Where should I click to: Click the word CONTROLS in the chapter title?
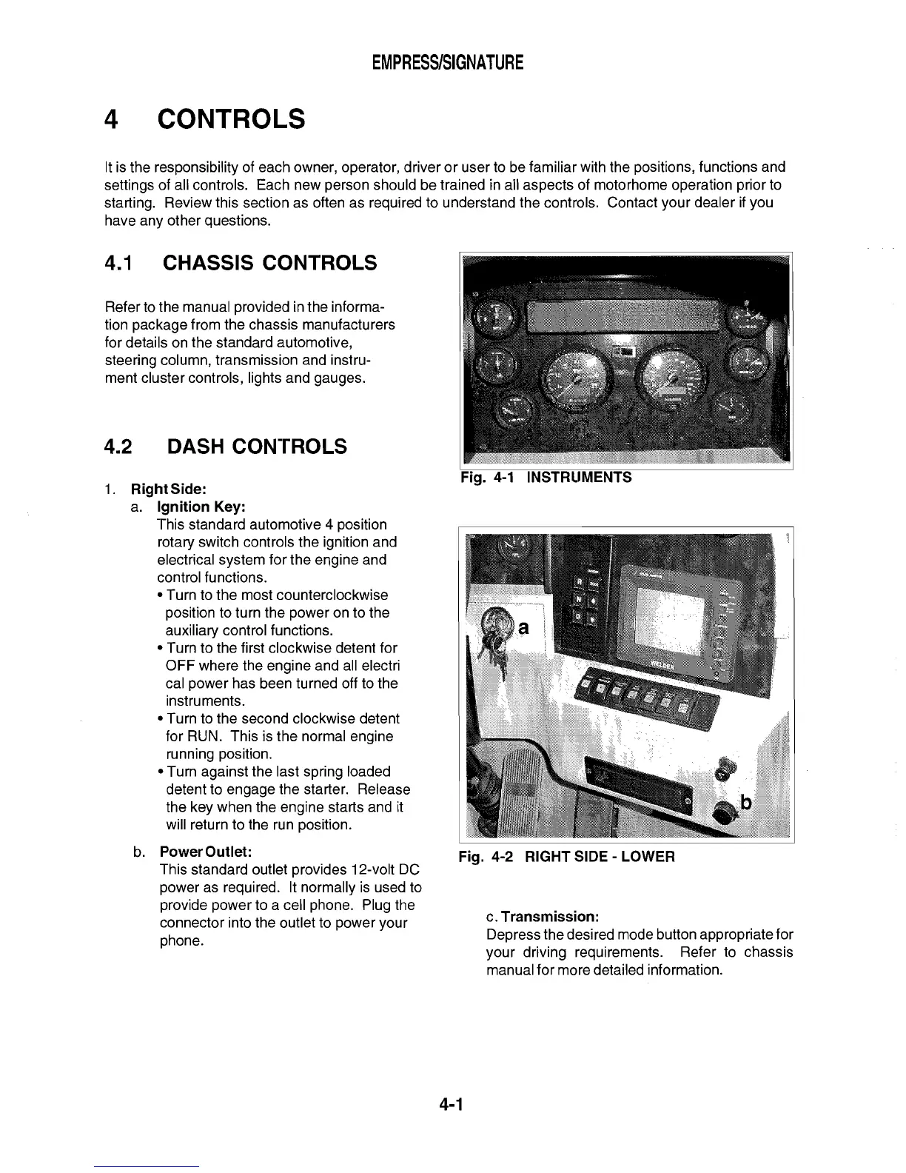pos(231,119)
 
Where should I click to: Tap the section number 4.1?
pos(118,263)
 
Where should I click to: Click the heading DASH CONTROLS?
pos(257,447)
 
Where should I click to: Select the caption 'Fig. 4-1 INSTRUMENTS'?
pos(546,478)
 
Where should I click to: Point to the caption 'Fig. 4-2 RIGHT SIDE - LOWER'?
pos(566,857)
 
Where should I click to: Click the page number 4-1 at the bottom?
pos(450,1106)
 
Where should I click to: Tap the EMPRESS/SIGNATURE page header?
pos(448,63)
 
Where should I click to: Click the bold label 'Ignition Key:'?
pos(201,507)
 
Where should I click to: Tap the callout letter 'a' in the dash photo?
pos(523,628)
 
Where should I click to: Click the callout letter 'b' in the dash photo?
pos(746,802)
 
